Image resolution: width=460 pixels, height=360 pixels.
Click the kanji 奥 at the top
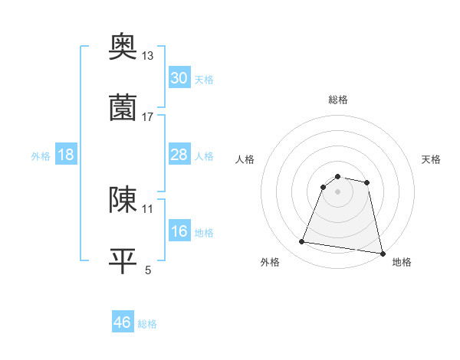[123, 47]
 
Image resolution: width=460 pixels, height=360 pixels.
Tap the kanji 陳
[123, 200]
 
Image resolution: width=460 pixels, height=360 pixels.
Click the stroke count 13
[148, 55]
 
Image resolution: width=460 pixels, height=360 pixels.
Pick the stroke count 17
[148, 116]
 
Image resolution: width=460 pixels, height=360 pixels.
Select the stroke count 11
[148, 208]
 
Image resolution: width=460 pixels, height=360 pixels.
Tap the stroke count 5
[148, 270]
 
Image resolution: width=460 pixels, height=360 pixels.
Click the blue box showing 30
[179, 78]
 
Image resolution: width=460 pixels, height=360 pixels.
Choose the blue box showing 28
[179, 155]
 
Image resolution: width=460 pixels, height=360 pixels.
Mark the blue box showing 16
[179, 231]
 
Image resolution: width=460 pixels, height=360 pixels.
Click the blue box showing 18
[65, 155]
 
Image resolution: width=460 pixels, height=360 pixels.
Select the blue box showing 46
[123, 323]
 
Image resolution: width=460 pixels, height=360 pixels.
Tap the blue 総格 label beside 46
[147, 324]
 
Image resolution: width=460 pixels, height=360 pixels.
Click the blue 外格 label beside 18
[41, 156]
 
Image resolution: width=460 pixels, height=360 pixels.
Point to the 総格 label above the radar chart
[337, 100]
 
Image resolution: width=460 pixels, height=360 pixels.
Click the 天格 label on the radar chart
[431, 159]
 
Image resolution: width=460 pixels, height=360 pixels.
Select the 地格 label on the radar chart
[402, 262]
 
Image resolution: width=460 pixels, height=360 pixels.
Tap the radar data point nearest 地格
[382, 253]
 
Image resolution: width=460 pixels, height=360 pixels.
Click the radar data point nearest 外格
[302, 242]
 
